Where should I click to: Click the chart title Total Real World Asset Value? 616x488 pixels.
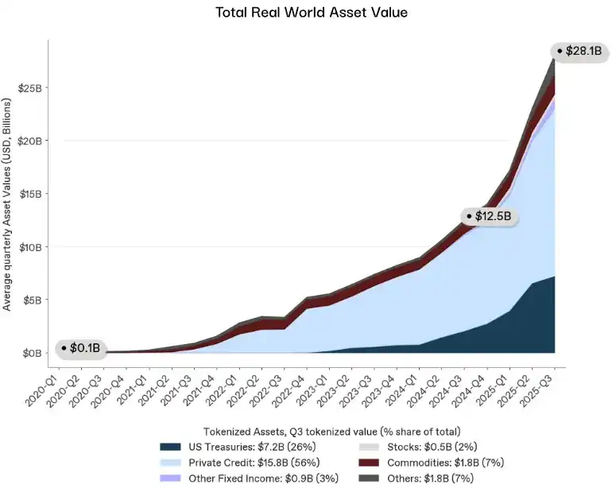click(x=308, y=14)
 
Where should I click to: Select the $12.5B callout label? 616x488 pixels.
click(x=494, y=216)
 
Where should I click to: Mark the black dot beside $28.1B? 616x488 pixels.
click(x=560, y=52)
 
